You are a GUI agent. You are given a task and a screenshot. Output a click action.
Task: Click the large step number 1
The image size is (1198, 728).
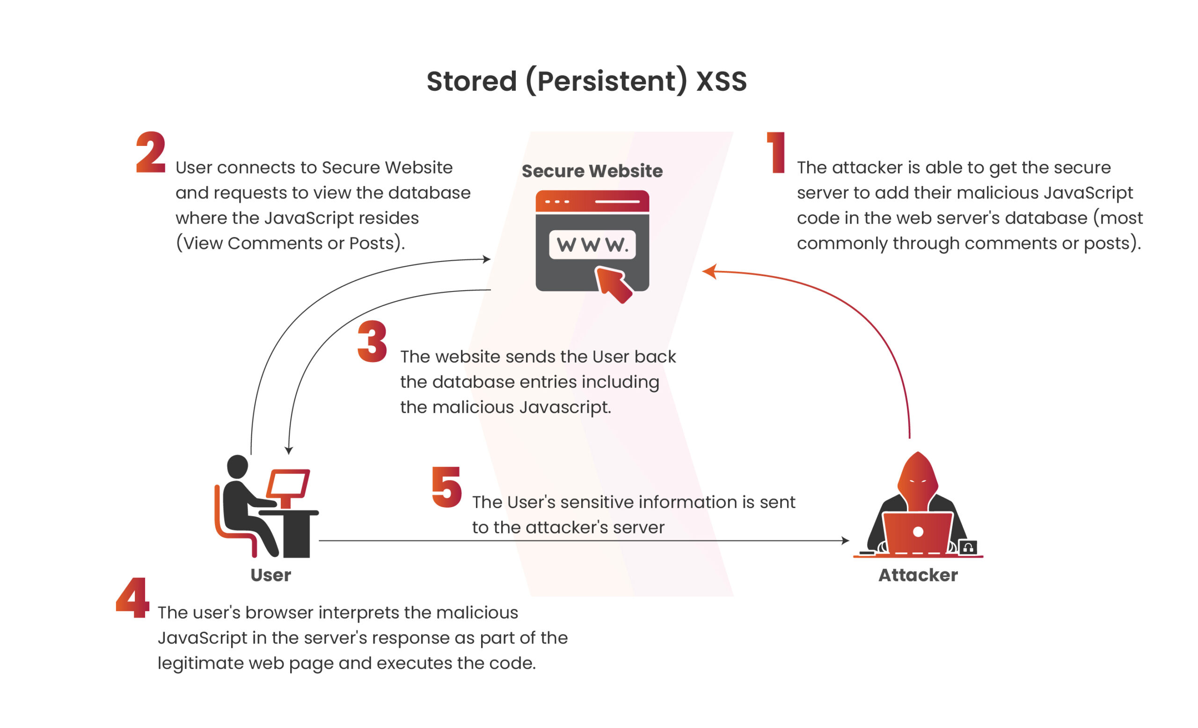777,153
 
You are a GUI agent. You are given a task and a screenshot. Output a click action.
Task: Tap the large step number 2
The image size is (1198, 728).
151,153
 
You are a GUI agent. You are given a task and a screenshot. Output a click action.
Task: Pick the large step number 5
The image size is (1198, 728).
447,487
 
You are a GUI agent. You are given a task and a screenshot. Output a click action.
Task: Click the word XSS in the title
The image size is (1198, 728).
722,81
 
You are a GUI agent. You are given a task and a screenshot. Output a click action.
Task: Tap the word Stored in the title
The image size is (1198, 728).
471,81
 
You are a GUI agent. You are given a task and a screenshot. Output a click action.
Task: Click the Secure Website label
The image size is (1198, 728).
592,171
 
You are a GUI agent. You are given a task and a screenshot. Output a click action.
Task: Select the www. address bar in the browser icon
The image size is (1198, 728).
592,244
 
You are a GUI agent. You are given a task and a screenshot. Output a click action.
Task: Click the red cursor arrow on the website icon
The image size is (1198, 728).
613,284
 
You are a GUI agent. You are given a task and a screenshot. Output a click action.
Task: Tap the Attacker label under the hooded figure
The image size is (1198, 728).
918,575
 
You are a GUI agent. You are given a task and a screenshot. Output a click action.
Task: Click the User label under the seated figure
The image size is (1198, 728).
271,575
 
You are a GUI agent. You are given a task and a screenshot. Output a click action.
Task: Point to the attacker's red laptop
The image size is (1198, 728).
918,532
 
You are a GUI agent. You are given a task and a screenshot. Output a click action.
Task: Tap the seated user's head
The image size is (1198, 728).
238,466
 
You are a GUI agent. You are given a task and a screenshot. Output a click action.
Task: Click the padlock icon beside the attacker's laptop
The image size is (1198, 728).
968,548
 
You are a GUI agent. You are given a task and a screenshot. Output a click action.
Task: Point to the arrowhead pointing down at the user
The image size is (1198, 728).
289,451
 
